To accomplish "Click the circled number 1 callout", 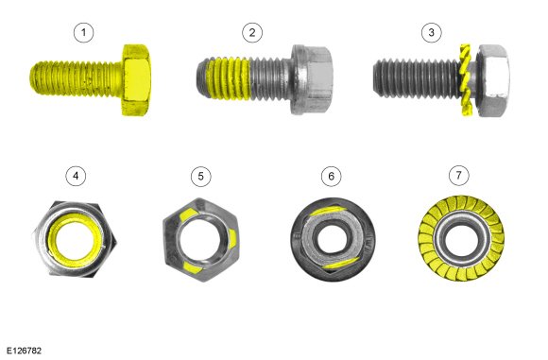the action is [x=83, y=32].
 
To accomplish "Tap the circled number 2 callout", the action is [x=252, y=32].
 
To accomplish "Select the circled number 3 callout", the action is [x=431, y=32].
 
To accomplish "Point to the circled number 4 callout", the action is [x=76, y=176].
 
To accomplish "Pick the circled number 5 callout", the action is [x=200, y=176].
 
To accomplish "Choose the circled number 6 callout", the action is [x=332, y=176].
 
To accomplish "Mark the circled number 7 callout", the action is [x=459, y=175].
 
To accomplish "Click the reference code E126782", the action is [x=24, y=351].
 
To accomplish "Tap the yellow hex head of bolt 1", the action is [x=136, y=79].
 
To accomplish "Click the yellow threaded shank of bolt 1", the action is [x=77, y=78].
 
